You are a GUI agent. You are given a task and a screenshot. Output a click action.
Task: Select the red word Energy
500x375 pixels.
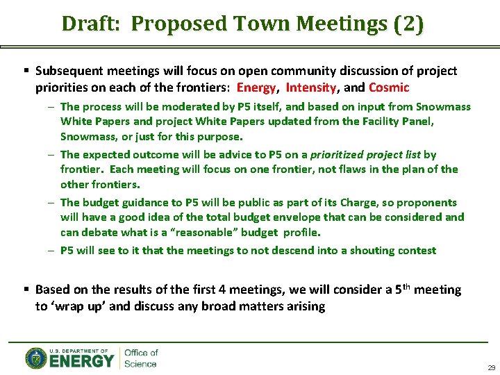[257, 88]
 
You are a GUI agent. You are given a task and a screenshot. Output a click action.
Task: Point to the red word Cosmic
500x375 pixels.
[389, 88]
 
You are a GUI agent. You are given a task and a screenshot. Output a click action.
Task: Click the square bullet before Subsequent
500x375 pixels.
[26, 72]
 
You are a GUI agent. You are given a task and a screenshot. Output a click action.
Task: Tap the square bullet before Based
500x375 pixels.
[26, 290]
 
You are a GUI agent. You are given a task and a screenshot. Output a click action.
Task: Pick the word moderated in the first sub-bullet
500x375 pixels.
[192, 107]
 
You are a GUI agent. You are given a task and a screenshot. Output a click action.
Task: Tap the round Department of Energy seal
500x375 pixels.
[37, 358]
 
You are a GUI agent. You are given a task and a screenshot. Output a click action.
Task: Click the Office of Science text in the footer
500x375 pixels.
[141, 358]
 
